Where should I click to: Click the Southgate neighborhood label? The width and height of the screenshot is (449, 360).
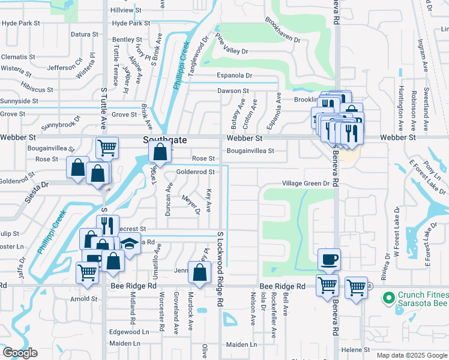tap(165, 139)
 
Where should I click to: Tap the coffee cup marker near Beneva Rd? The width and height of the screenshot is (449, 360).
tap(329, 259)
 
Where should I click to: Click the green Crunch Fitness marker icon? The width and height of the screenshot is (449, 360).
tap(388, 296)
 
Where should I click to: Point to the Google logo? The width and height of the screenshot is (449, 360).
tap(20, 353)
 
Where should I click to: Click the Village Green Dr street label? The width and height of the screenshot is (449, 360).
tap(306, 184)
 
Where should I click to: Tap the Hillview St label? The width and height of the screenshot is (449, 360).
tap(125, 11)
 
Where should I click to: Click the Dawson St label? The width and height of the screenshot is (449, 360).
tap(233, 91)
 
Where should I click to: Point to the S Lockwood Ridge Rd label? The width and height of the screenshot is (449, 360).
tap(220, 268)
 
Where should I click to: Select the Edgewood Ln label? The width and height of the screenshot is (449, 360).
tap(128, 332)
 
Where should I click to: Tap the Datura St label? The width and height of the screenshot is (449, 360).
tap(80, 34)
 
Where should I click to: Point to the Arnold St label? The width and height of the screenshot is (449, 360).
tap(83, 298)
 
